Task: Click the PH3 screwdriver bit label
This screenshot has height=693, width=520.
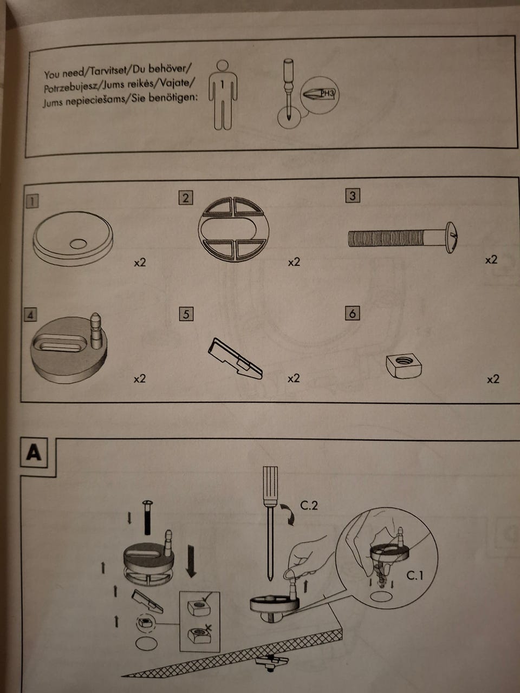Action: (328, 93)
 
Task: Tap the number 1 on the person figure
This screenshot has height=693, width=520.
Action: (222, 84)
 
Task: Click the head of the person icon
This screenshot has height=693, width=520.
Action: (223, 66)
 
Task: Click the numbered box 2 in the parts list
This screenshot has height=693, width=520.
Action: (186, 198)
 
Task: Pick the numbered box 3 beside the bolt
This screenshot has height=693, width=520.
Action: (353, 195)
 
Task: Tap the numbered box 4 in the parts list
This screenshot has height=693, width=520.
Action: (30, 315)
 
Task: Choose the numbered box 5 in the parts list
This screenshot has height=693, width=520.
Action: (186, 314)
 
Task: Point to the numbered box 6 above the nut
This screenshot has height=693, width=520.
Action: (353, 313)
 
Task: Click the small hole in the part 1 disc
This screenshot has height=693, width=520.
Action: (78, 244)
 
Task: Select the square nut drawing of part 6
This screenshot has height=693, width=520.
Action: (404, 365)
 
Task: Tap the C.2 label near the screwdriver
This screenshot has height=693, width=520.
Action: (309, 505)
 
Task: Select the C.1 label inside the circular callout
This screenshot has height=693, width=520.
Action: (414, 576)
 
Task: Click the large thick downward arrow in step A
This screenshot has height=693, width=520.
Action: (191, 560)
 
